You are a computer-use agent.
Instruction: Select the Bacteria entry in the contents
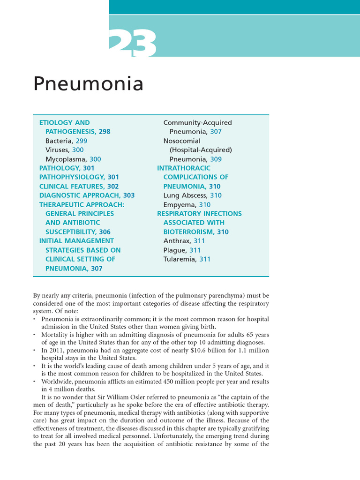(66, 141)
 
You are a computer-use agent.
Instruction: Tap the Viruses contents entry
(64, 150)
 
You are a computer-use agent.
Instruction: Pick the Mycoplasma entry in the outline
(73, 159)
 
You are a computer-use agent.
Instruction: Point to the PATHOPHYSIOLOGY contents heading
(79, 177)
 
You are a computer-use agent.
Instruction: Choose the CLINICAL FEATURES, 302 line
(79, 186)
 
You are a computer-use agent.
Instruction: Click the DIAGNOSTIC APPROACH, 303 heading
(87, 195)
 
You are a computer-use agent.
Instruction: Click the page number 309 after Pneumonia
(216, 159)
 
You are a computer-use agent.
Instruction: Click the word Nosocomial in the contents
(181, 141)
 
